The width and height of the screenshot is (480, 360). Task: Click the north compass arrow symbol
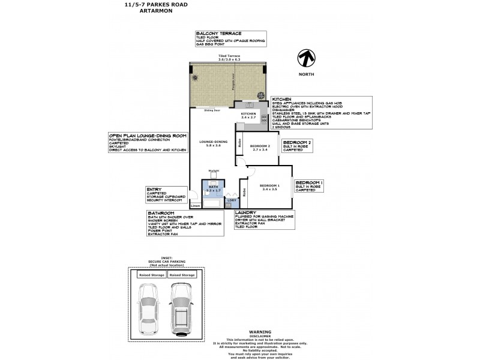[x=307, y=58]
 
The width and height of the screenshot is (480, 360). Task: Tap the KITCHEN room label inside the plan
[x=248, y=113]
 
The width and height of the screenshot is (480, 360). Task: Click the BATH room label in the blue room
[x=214, y=186]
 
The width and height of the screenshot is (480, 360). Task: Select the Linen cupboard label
[x=195, y=206]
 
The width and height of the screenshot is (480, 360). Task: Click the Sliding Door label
[x=211, y=110]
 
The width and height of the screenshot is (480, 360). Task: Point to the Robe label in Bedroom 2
[x=239, y=143]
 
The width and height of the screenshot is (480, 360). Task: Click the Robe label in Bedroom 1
[x=244, y=193]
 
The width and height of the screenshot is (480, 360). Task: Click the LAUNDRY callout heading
[x=247, y=212]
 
